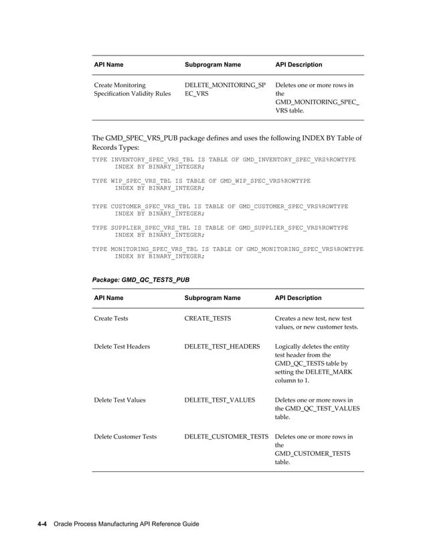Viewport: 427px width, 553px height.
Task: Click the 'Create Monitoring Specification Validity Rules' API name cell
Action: (x=132, y=90)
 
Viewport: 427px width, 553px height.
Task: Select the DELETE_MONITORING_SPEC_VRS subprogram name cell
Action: (x=224, y=90)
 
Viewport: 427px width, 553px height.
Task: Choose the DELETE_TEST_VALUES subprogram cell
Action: (x=219, y=400)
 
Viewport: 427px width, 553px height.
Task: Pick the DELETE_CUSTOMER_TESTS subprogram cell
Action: (x=226, y=437)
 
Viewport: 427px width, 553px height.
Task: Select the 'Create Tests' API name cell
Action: (x=110, y=319)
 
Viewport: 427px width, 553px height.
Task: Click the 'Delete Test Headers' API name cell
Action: (x=121, y=347)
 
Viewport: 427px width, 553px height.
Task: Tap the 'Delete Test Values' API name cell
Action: (x=119, y=400)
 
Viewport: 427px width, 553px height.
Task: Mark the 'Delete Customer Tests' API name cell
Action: (x=124, y=437)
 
